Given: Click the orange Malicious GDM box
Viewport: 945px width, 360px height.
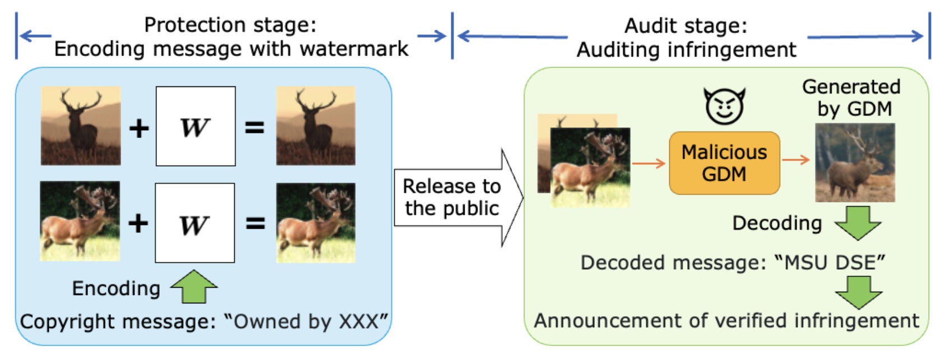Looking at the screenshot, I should point(724,163).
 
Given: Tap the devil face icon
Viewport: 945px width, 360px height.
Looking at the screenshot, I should point(725,106).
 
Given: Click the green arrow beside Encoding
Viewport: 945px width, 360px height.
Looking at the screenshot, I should point(194,287).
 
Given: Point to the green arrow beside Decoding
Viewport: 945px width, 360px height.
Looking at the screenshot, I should point(857,222).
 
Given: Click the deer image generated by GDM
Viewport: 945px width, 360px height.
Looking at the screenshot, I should point(854,163).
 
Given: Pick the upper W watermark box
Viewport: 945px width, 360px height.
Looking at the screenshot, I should point(195,126).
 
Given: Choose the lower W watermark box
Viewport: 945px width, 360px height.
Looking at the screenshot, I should point(194,223).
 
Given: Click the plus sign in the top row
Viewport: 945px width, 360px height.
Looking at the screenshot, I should point(138,128).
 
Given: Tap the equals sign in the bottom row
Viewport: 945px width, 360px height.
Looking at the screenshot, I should point(255,224).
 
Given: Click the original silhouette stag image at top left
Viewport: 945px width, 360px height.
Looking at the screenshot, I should point(81,126).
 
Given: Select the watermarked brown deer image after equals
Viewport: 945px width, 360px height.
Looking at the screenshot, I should point(316,223).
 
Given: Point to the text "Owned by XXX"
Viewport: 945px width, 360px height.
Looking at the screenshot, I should point(306,322).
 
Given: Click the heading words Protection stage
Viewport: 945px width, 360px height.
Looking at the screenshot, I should point(230,25).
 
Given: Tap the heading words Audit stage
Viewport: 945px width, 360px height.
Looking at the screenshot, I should point(685,26).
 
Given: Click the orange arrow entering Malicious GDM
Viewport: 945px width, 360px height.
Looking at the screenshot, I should point(648,163).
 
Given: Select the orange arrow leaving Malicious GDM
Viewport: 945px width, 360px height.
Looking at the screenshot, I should point(796,160).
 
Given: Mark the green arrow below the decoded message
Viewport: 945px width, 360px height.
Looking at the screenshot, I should point(858,292).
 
